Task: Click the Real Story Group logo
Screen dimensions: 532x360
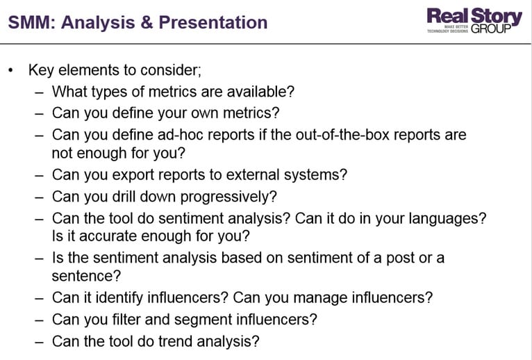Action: [474, 21]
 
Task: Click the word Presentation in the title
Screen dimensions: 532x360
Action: [213, 22]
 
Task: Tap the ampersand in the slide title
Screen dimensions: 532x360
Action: [147, 22]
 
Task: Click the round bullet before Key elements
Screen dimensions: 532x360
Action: [11, 71]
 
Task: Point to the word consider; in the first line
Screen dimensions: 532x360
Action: [171, 70]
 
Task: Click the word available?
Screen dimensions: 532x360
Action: [260, 92]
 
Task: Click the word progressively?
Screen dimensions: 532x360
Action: [228, 197]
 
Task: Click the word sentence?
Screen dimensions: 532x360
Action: [86, 276]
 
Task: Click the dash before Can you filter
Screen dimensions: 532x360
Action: [39, 320]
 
